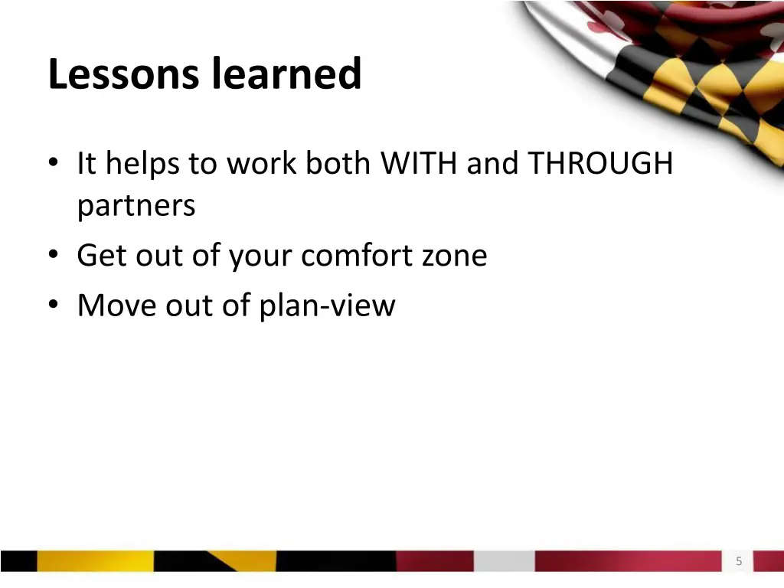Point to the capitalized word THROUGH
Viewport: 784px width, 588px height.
point(600,164)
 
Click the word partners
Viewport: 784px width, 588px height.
point(136,207)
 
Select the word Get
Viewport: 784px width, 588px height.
point(102,256)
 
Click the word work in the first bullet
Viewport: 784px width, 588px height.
point(260,164)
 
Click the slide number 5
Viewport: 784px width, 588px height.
point(739,561)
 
